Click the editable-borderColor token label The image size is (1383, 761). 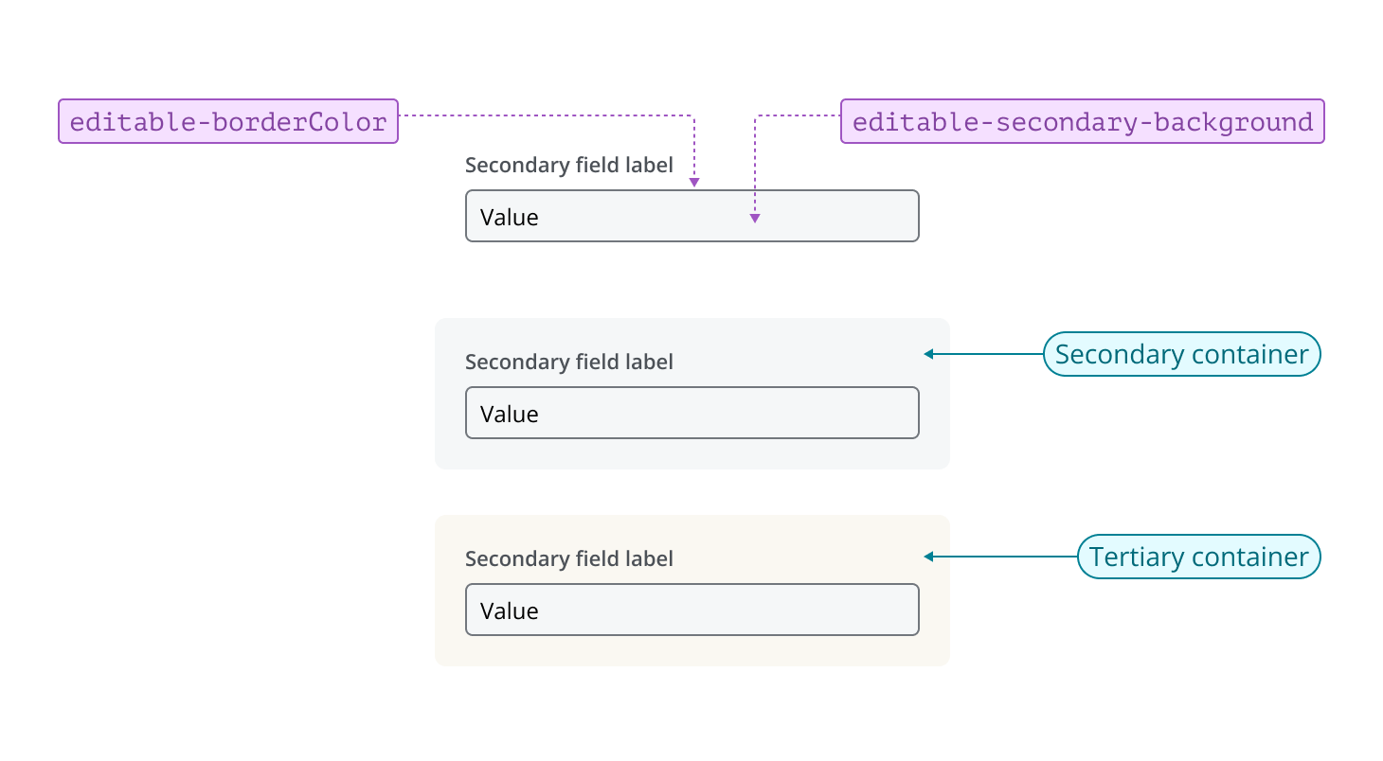point(228,121)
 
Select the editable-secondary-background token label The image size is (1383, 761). point(1082,121)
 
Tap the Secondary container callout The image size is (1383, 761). point(1181,354)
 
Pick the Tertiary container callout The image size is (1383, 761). point(1198,557)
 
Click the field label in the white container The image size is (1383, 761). point(568,165)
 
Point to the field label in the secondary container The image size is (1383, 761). point(568,362)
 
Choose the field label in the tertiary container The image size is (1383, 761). point(568,558)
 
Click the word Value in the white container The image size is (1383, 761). point(509,218)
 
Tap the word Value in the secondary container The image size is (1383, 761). point(509,415)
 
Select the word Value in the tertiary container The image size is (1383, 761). point(509,611)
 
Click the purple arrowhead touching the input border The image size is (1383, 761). point(693,182)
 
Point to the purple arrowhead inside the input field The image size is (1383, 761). point(755,219)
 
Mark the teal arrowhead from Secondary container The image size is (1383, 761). point(929,354)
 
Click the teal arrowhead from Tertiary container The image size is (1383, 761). point(929,557)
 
